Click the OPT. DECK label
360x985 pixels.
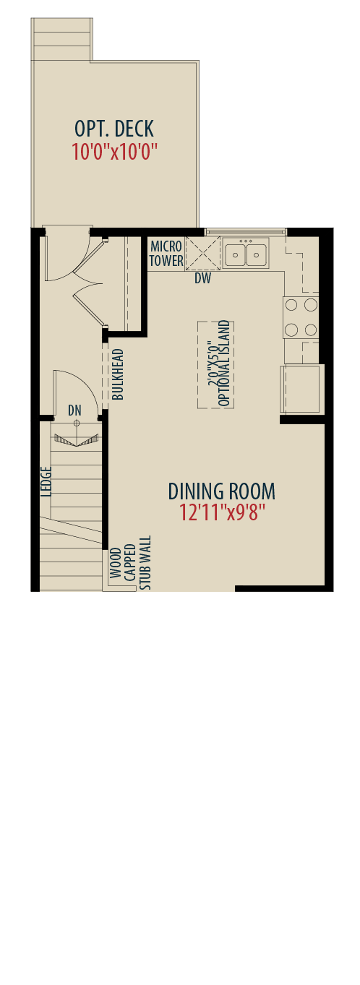coord(114,129)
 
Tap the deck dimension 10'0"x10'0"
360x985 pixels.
coord(114,152)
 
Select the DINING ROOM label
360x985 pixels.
coord(222,491)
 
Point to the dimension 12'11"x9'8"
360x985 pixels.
coord(222,512)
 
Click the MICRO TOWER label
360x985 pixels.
coord(166,253)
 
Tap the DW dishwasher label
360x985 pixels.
coord(203,278)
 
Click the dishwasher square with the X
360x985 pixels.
coord(203,253)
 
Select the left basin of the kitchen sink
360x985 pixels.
coord(236,254)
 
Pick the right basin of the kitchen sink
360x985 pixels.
coord(256,254)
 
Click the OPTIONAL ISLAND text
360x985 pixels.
coord(224,364)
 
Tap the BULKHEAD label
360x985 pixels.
coord(118,374)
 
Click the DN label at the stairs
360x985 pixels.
coord(74,410)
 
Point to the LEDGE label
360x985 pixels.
coord(46,481)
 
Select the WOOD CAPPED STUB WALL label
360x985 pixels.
coord(130,563)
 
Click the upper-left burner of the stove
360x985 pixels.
coord(291,304)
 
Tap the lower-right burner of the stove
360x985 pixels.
coord(311,330)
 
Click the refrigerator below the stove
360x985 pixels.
coord(302,389)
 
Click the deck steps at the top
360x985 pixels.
coord(61,40)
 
